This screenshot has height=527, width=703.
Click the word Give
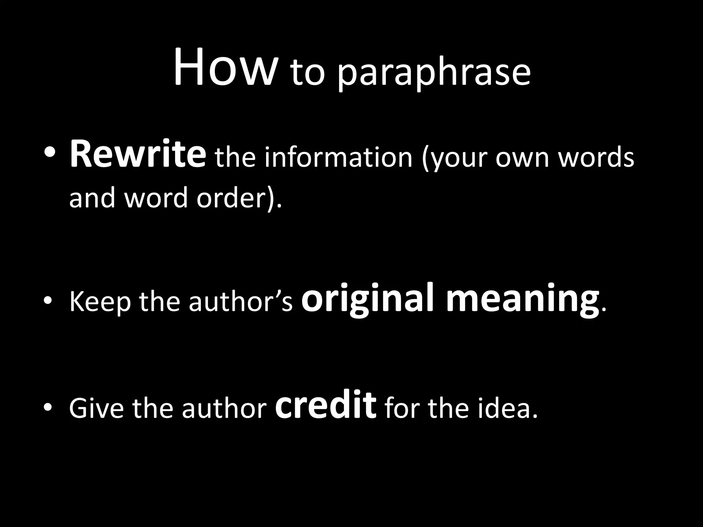tap(96, 408)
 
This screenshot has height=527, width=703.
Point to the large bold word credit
tap(326, 405)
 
